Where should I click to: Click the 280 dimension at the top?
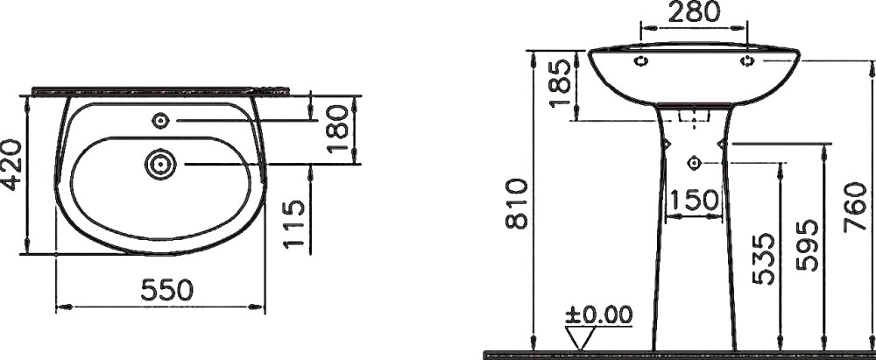694,11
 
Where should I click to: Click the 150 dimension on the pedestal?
694,201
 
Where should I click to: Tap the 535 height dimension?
763,258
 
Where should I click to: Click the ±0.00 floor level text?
599,314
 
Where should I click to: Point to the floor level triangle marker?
580,336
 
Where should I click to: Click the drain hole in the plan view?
161,162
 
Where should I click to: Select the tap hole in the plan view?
161,120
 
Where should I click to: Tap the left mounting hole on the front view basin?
641,60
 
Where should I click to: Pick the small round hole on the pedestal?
695,161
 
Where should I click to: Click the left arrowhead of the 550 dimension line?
60,307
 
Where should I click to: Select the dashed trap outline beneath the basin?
694,116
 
